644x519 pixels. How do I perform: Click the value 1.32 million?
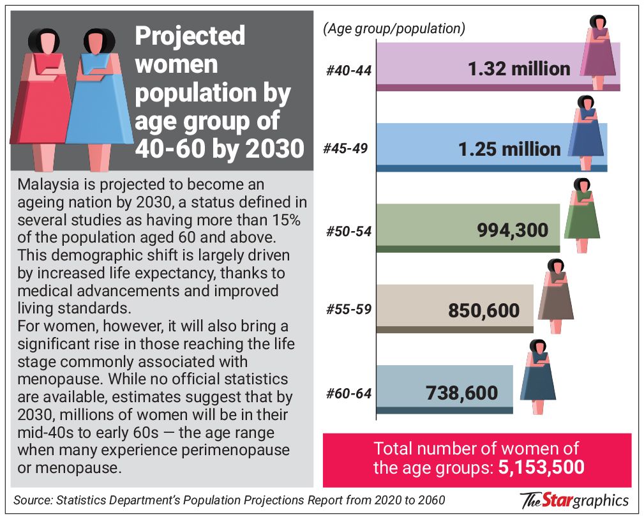pos(519,68)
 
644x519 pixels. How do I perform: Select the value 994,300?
pos(513,230)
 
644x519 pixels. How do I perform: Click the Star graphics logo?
pos(574,499)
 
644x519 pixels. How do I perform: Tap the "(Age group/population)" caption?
pos(394,29)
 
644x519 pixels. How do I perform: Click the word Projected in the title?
pos(190,36)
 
